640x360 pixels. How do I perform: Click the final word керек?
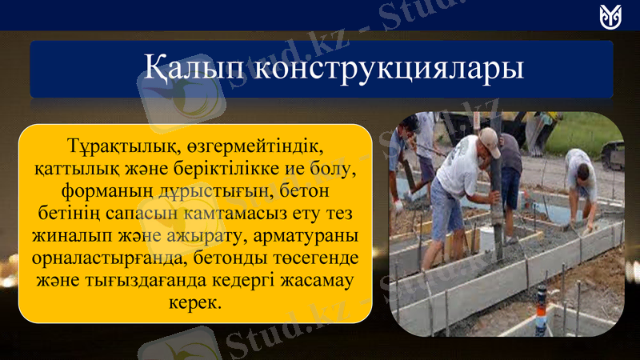pos(195,305)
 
